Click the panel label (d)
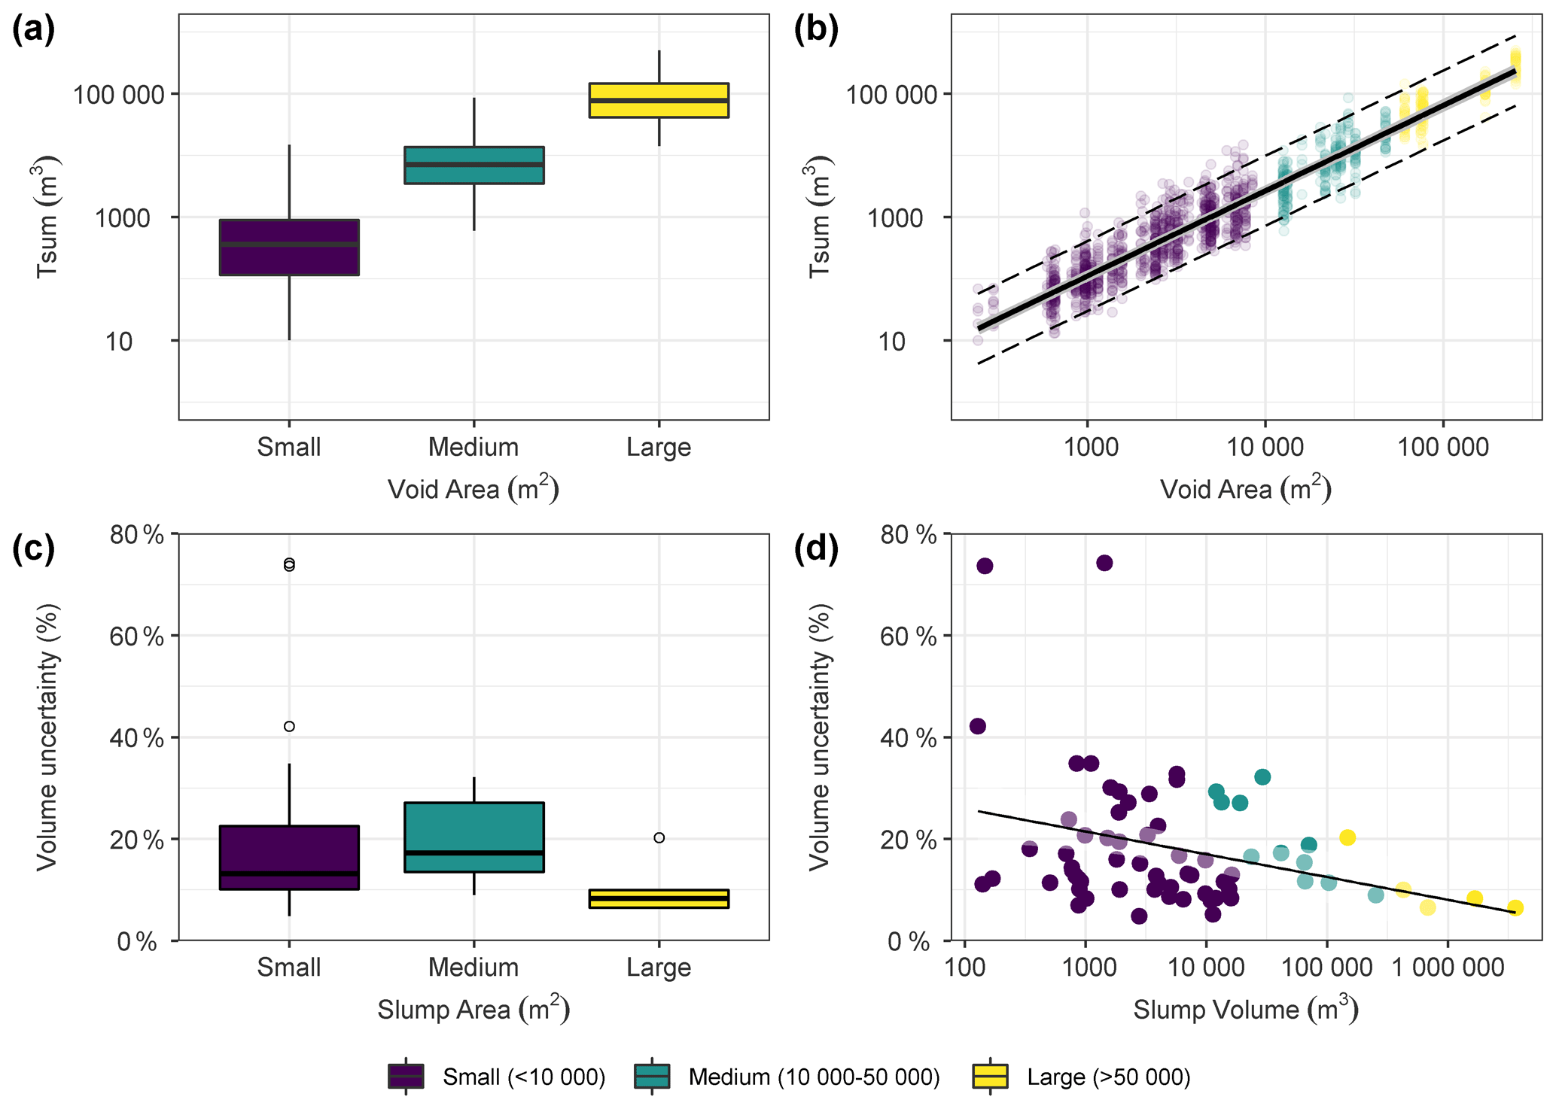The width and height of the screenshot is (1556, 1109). click(816, 551)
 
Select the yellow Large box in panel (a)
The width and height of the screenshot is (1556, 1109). click(659, 100)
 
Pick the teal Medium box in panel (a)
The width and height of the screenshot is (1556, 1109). click(473, 165)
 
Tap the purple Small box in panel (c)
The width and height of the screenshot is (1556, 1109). click(289, 857)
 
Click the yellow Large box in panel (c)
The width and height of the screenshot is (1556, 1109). click(659, 898)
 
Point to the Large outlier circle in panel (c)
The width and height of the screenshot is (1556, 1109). click(659, 837)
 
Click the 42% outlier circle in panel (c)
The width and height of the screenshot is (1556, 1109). click(289, 726)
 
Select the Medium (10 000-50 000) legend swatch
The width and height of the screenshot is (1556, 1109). click(652, 1077)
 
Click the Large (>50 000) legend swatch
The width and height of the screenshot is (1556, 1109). click(991, 1077)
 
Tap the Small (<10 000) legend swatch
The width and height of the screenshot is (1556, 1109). click(406, 1077)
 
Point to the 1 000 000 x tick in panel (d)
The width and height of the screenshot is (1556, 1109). click(1447, 968)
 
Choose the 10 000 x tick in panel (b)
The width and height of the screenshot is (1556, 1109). click(1265, 448)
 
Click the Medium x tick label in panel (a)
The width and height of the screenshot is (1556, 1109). click(473, 448)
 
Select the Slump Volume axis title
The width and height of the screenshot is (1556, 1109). click(1246, 1010)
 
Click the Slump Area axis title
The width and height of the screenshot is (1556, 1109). click(473, 1010)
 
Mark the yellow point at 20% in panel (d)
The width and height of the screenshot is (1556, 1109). click(1347, 837)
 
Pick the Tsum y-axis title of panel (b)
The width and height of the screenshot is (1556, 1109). click(819, 217)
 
